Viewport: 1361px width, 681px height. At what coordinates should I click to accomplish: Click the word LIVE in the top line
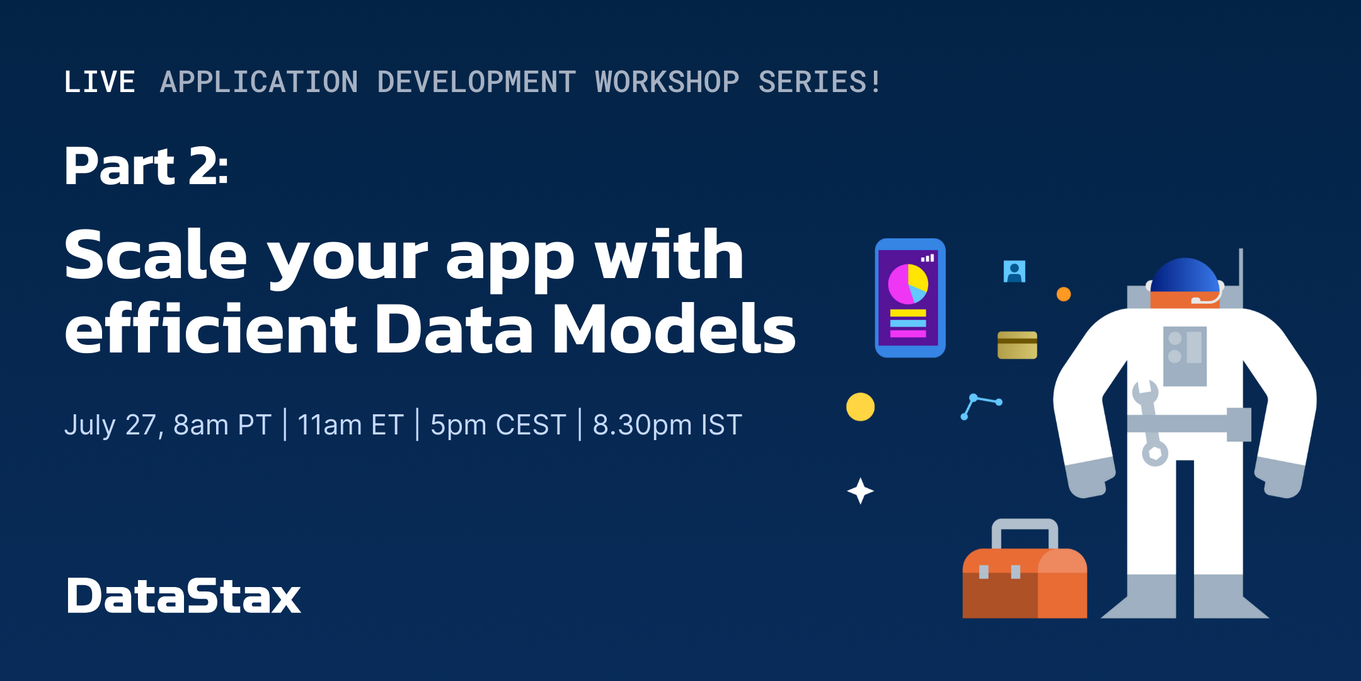tap(100, 82)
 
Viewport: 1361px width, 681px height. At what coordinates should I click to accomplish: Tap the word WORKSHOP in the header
tap(667, 82)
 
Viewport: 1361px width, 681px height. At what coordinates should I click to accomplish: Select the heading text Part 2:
tap(146, 166)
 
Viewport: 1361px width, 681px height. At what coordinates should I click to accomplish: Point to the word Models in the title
tap(674, 328)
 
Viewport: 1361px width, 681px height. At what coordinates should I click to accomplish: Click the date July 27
tap(114, 425)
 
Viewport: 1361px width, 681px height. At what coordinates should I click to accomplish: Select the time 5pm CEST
tap(498, 425)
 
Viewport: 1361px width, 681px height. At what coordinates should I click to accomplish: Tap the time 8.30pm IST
tap(668, 425)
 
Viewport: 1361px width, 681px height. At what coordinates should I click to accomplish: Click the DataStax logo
tap(183, 596)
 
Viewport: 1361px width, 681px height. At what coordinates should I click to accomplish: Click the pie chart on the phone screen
tap(908, 284)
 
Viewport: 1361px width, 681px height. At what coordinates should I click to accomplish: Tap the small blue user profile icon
tap(1014, 271)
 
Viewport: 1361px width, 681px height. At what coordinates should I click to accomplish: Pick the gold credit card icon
tap(1017, 345)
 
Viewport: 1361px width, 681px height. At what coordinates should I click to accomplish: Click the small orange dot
tap(1064, 294)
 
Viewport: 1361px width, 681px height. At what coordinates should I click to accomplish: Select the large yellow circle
tap(860, 407)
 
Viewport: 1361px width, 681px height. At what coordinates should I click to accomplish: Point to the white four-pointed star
tap(860, 491)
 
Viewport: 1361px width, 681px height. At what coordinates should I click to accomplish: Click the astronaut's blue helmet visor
tap(1185, 275)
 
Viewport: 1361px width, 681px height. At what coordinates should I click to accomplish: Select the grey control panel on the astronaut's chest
tap(1185, 356)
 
